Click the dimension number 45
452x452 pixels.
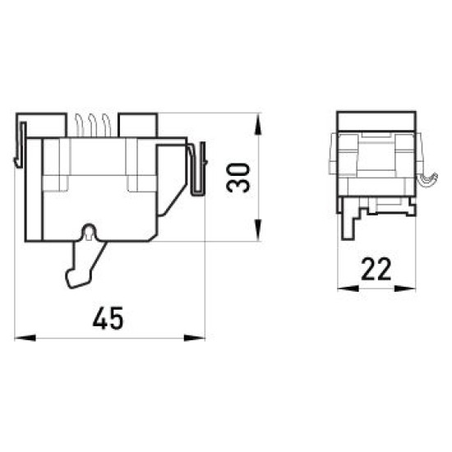(x=108, y=318)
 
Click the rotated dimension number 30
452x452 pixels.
(x=238, y=178)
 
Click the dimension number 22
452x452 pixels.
(x=376, y=269)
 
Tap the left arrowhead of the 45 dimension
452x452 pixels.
(x=25, y=338)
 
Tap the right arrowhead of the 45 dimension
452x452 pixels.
(x=194, y=338)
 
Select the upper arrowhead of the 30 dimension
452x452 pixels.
(x=258, y=124)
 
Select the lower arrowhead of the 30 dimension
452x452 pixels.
(x=258, y=230)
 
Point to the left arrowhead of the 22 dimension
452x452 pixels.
(x=348, y=288)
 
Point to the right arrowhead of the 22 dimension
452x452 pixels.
(x=405, y=288)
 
